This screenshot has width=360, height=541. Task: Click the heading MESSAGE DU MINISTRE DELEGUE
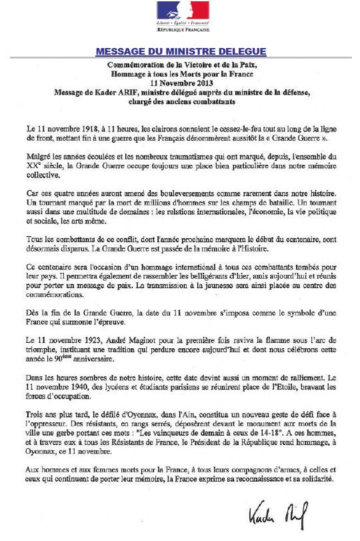(x=181, y=51)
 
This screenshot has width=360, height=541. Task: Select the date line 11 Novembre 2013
(x=180, y=83)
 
